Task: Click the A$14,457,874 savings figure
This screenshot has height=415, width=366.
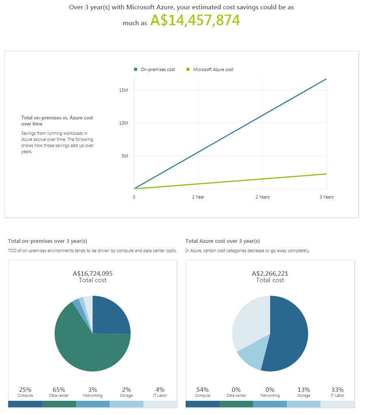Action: [x=195, y=20]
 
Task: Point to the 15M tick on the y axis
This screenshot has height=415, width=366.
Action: [x=124, y=90]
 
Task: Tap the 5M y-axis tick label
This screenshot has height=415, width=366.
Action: [x=125, y=156]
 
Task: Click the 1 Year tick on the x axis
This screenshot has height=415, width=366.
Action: [x=198, y=197]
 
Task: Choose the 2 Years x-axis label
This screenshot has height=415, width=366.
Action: [x=262, y=197]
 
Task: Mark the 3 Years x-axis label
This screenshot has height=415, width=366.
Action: [x=327, y=197]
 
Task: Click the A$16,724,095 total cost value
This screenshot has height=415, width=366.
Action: [x=93, y=273]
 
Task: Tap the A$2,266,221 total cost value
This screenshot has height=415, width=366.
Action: [x=270, y=273]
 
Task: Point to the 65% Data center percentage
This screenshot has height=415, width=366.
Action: [x=59, y=390]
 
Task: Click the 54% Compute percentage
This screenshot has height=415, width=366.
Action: [x=202, y=390]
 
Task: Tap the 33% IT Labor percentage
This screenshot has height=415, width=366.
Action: [x=337, y=390]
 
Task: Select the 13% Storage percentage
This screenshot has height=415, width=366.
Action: [x=303, y=390]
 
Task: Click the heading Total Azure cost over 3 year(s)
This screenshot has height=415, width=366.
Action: [x=223, y=241]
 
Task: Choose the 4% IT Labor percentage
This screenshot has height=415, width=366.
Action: [x=160, y=390]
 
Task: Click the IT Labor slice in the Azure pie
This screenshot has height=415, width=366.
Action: [x=250, y=321]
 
